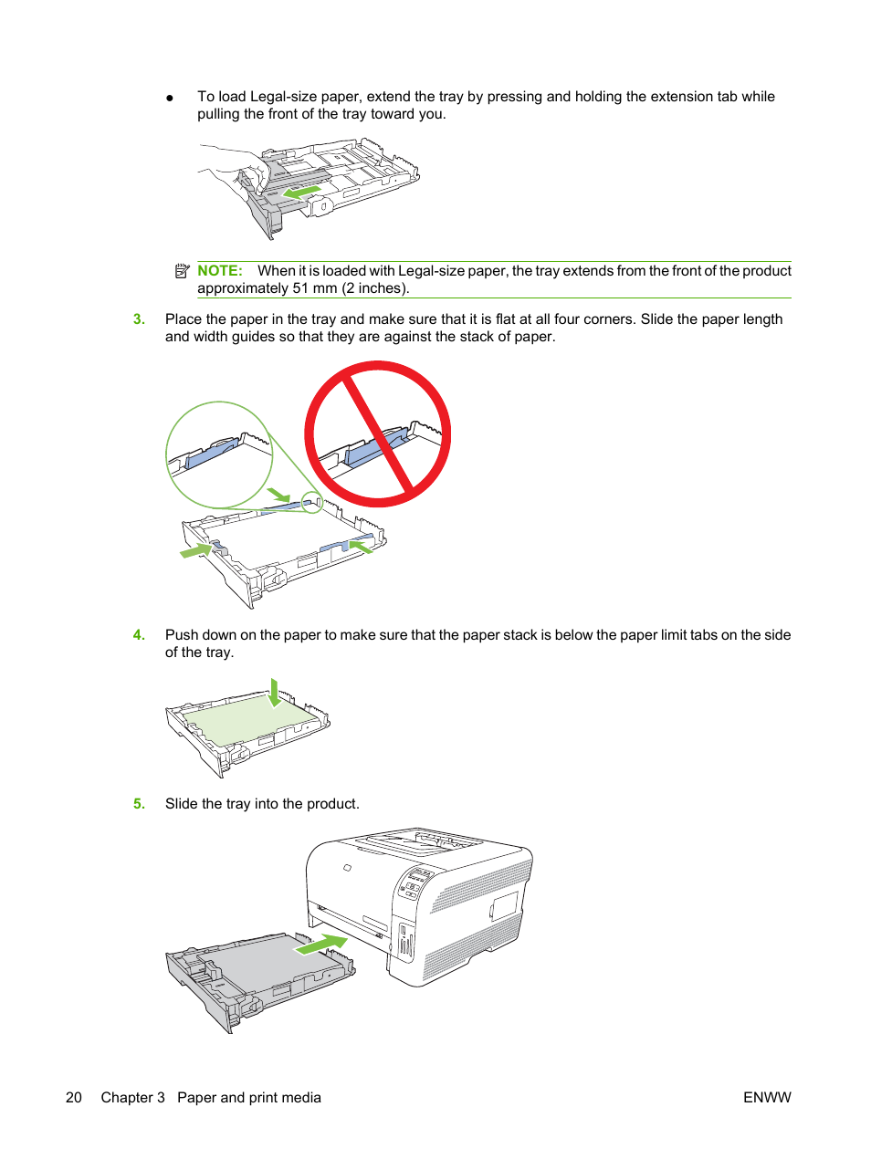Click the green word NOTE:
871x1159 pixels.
220,270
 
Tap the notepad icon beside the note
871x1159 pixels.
182,271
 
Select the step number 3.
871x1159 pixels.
139,318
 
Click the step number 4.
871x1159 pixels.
139,634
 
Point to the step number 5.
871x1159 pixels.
139,804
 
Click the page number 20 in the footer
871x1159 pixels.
73,1097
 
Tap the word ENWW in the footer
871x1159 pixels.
767,1097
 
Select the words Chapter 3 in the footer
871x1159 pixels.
132,1097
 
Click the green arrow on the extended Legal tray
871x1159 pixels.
301,193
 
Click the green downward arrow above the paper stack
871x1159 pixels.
274,693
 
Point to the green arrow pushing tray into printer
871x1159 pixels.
321,945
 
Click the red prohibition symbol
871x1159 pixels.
378,434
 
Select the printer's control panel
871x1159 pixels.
415,882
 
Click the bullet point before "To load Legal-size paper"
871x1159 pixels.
170,98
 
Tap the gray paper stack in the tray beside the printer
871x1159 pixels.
269,961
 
